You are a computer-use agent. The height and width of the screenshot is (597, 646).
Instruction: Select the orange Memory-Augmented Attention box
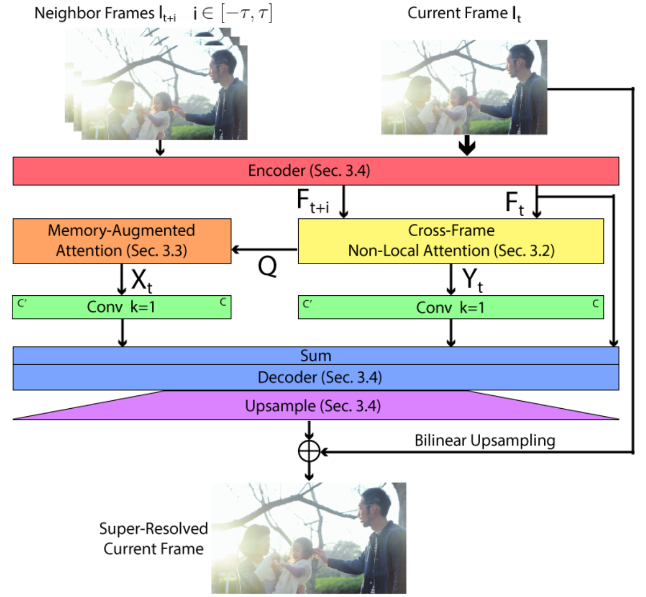[122, 241]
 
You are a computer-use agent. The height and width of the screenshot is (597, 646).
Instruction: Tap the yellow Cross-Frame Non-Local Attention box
[451, 241]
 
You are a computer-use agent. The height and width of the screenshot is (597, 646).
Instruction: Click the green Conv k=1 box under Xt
[122, 307]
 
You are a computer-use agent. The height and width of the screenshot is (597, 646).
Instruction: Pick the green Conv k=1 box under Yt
[451, 307]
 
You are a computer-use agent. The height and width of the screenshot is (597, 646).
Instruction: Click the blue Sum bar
[315, 356]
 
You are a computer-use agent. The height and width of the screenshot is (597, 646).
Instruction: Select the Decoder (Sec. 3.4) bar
[315, 378]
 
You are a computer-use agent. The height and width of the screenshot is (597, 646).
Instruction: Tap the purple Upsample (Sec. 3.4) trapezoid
[315, 406]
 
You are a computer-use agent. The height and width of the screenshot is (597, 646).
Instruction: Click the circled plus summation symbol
[309, 451]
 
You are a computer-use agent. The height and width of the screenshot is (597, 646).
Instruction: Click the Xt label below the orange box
[142, 280]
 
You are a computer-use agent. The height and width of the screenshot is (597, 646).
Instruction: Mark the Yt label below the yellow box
[472, 280]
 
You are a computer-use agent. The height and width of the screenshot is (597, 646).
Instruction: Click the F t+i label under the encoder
[313, 201]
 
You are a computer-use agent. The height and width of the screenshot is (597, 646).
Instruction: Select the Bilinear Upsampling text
[484, 440]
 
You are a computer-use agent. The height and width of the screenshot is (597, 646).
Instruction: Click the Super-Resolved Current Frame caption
[153, 538]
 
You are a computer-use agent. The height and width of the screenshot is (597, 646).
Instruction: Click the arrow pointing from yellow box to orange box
[264, 250]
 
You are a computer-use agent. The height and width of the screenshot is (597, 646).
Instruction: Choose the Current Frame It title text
[464, 13]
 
